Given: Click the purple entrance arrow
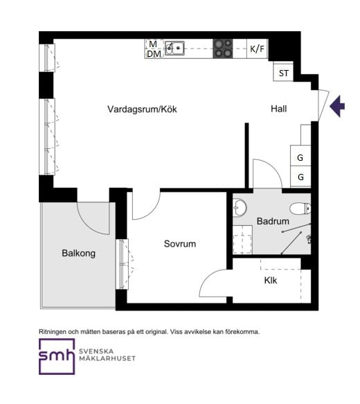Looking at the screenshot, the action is [x=337, y=106].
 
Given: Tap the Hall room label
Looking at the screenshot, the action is [x=279, y=109].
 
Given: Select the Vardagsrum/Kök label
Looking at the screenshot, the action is [x=142, y=109].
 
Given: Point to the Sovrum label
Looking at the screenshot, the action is [x=180, y=244].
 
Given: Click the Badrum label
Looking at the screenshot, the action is [x=273, y=221].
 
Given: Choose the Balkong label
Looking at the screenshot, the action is [x=78, y=253].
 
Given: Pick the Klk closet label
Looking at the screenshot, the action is [x=271, y=281].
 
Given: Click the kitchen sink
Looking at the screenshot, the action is [x=174, y=49].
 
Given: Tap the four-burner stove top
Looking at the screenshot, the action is [x=223, y=49].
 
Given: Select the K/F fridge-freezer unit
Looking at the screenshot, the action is [x=258, y=49].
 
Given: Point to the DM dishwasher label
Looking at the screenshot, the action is [x=154, y=54].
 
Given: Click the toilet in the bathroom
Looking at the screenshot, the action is [x=300, y=208].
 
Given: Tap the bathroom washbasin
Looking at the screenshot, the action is [x=240, y=207].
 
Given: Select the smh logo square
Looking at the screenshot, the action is [x=57, y=356].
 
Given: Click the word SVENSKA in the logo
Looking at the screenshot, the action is [x=96, y=351].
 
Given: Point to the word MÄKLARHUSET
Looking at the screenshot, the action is [x=107, y=358].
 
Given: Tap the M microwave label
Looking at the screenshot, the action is [x=153, y=44].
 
